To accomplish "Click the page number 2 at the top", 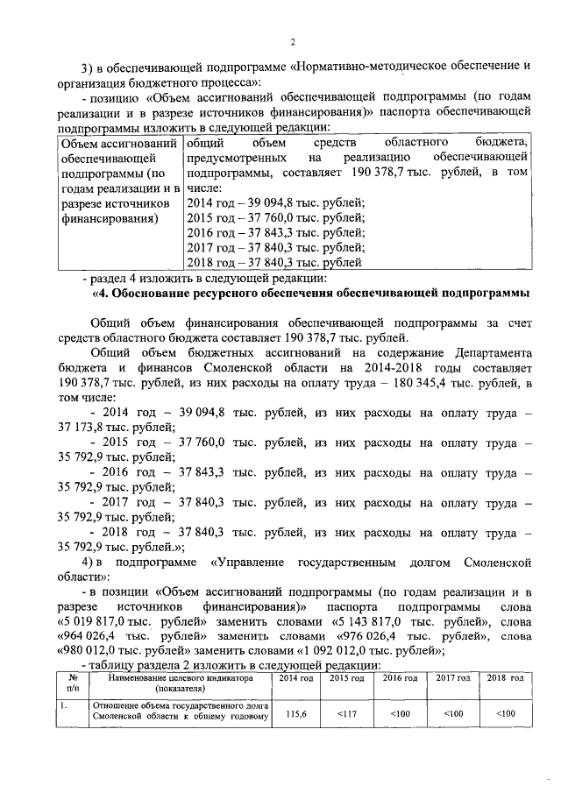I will (293, 41).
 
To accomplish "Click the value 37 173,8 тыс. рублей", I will (90, 427).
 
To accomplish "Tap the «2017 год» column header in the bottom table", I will (452, 679).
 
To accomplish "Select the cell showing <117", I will (345, 714).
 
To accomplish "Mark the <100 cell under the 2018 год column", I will (505, 714).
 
